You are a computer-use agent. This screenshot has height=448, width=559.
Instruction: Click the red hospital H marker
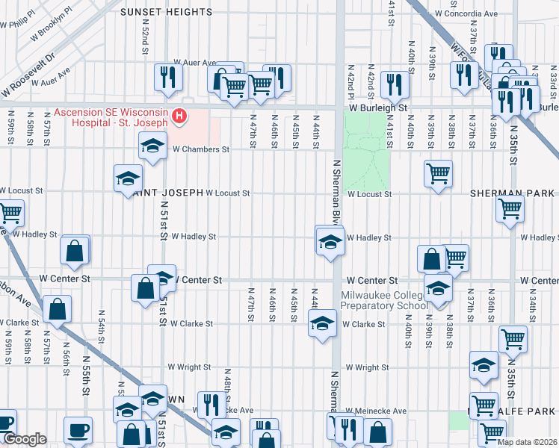[x=179, y=116]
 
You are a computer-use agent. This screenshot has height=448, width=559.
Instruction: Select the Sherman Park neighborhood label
[x=512, y=193]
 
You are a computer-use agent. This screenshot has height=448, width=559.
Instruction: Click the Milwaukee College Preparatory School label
[x=384, y=299]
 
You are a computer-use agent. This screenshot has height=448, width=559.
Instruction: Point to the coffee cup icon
[x=78, y=430]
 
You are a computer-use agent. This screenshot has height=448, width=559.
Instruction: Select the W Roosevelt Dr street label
[x=30, y=73]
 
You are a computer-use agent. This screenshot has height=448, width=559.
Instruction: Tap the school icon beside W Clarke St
[x=322, y=323]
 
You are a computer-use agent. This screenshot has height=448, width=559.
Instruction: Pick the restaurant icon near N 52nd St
[x=168, y=76]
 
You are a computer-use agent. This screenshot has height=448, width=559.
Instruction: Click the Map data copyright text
[x=527, y=442]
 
